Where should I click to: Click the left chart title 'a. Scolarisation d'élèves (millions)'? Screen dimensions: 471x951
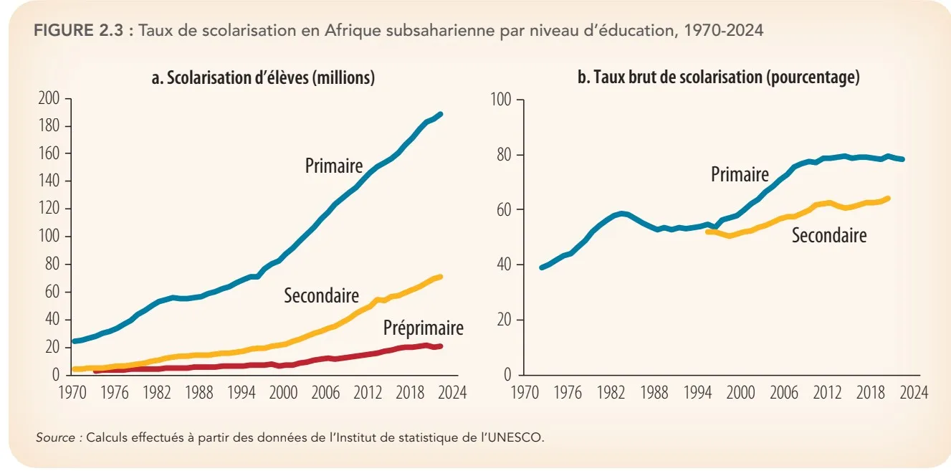coord(263,78)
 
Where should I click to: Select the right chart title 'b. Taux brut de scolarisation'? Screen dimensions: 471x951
coord(718,78)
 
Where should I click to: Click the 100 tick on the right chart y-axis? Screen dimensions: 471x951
coord(502,100)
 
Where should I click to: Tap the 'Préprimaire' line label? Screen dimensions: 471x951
coord(423,328)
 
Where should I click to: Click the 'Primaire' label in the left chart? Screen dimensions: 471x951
coord(333,166)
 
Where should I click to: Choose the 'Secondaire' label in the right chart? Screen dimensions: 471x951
coord(828,235)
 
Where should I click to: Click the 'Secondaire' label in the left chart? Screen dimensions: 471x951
coord(321,295)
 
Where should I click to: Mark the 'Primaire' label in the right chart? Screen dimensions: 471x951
coord(740,173)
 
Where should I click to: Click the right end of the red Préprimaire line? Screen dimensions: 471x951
coord(441,346)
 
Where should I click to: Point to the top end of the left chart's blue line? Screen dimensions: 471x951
coord(441,114)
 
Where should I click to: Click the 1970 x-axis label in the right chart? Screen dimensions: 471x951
coord(525,393)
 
